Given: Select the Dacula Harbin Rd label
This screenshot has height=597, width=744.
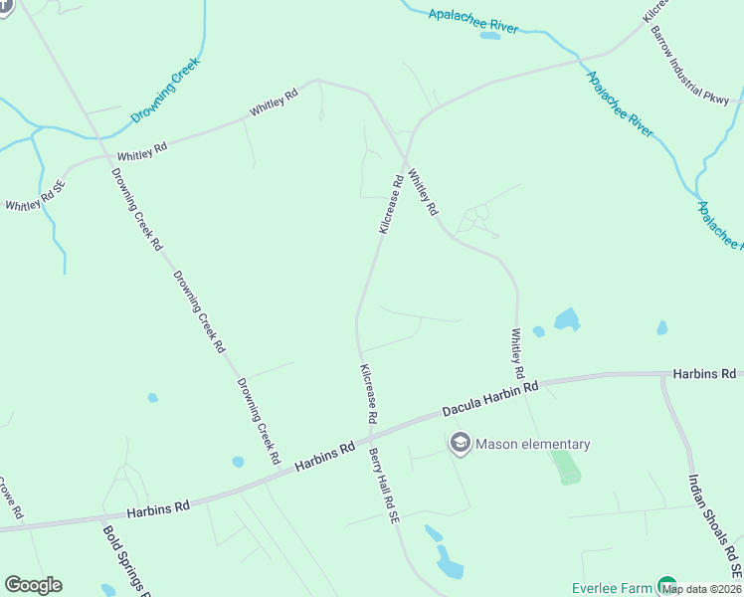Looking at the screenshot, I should click(x=489, y=398).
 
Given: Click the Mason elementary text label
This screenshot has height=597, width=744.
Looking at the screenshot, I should click(x=532, y=445).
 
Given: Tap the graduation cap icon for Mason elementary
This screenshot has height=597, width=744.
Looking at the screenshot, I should click(x=460, y=444).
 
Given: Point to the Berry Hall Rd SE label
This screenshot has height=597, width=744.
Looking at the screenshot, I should click(x=384, y=487).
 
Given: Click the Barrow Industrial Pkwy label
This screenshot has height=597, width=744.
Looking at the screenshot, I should click(x=691, y=66).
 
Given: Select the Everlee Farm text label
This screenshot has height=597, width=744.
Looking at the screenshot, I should click(x=611, y=588).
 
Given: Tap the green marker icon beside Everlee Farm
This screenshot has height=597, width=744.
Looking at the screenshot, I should click(x=666, y=587).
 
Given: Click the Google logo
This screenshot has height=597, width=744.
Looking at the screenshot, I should click(x=33, y=585).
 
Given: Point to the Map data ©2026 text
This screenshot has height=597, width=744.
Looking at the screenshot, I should click(x=701, y=589).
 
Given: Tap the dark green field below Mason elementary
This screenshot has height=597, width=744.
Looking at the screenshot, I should click(x=566, y=467).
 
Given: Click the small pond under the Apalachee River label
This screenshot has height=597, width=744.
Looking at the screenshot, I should click(x=489, y=36).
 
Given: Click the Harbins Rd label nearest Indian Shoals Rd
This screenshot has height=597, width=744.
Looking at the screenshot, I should click(x=704, y=374).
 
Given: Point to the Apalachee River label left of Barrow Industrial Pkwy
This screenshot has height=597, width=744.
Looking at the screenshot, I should click(x=473, y=21).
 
